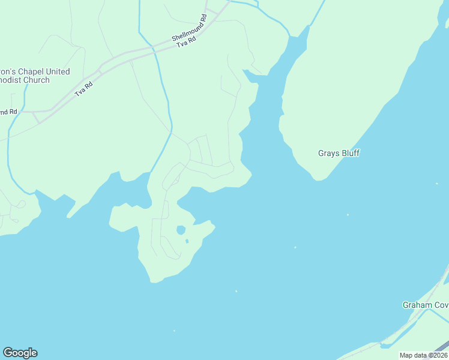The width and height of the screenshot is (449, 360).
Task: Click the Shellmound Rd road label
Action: [x=188, y=28]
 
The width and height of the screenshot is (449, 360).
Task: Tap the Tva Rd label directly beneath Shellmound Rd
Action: [x=188, y=40]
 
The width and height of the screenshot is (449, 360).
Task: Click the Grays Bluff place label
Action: [x=339, y=153]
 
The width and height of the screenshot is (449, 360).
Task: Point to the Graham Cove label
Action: [x=425, y=305]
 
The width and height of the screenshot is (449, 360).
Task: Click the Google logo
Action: [x=20, y=353]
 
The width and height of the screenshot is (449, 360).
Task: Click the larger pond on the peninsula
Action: [x=180, y=230]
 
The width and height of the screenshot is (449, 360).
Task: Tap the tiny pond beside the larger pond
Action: [x=187, y=241]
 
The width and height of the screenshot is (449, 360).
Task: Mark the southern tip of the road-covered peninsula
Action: [x=154, y=280]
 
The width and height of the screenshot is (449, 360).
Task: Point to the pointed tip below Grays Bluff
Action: [x=318, y=179]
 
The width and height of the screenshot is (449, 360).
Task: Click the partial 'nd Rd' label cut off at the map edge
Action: [x=8, y=112]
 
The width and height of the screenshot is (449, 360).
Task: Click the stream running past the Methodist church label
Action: [x=24, y=96]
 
